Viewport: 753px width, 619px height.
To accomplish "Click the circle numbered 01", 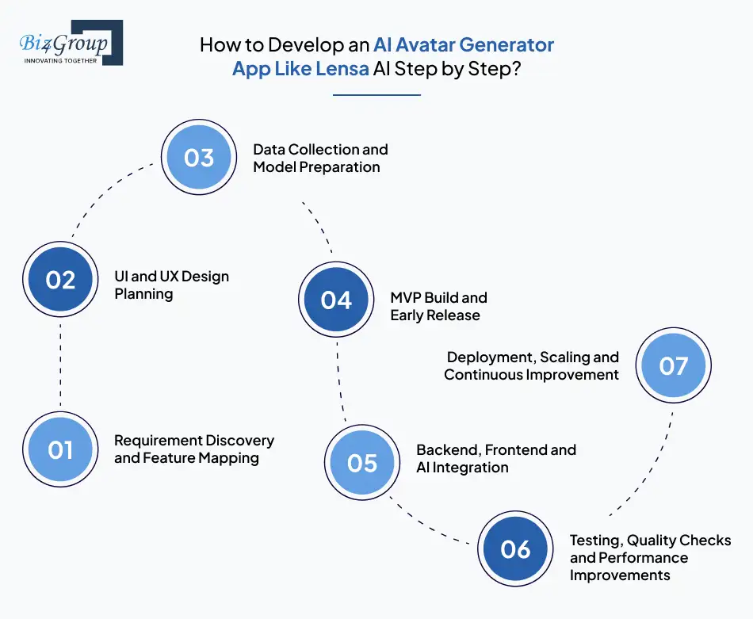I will [60, 449].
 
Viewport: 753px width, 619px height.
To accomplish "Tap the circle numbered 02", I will [60, 280].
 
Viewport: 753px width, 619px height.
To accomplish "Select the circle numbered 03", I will [199, 157].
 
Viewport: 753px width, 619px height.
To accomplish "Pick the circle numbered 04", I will [336, 300].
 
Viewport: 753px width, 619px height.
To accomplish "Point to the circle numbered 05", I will [362, 463].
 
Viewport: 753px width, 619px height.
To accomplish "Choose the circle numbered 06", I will [515, 548].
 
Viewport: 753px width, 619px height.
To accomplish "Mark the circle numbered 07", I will [673, 365].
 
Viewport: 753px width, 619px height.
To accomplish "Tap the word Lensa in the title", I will [345, 68].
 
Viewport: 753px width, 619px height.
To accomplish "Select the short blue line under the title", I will [376, 95].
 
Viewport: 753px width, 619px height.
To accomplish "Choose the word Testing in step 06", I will [594, 541].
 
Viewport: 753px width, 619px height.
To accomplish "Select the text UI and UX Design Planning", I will [171, 285].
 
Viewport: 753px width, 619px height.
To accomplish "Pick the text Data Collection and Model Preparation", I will [319, 158].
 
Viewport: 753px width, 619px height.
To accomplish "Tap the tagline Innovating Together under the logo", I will [61, 59].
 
